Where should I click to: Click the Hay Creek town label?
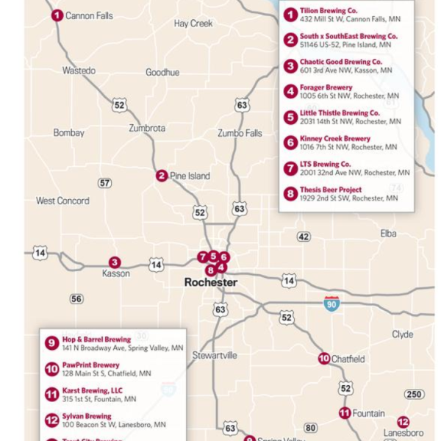193,24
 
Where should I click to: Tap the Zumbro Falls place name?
240,133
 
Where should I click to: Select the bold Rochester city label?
211,282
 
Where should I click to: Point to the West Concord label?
62,201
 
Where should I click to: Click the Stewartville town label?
215,355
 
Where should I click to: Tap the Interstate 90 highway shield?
332,304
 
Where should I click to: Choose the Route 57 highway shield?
105,183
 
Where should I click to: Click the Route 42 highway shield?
304,237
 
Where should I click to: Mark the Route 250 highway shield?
414,395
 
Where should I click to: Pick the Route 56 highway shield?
76,299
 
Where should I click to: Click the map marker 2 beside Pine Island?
162,176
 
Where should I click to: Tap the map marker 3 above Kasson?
115,262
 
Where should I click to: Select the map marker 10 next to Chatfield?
324,359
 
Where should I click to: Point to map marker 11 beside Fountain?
345,413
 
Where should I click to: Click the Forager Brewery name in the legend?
326,87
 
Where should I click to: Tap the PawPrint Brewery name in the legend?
90,365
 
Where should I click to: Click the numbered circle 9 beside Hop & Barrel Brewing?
51,343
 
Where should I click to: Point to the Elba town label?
388,234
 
